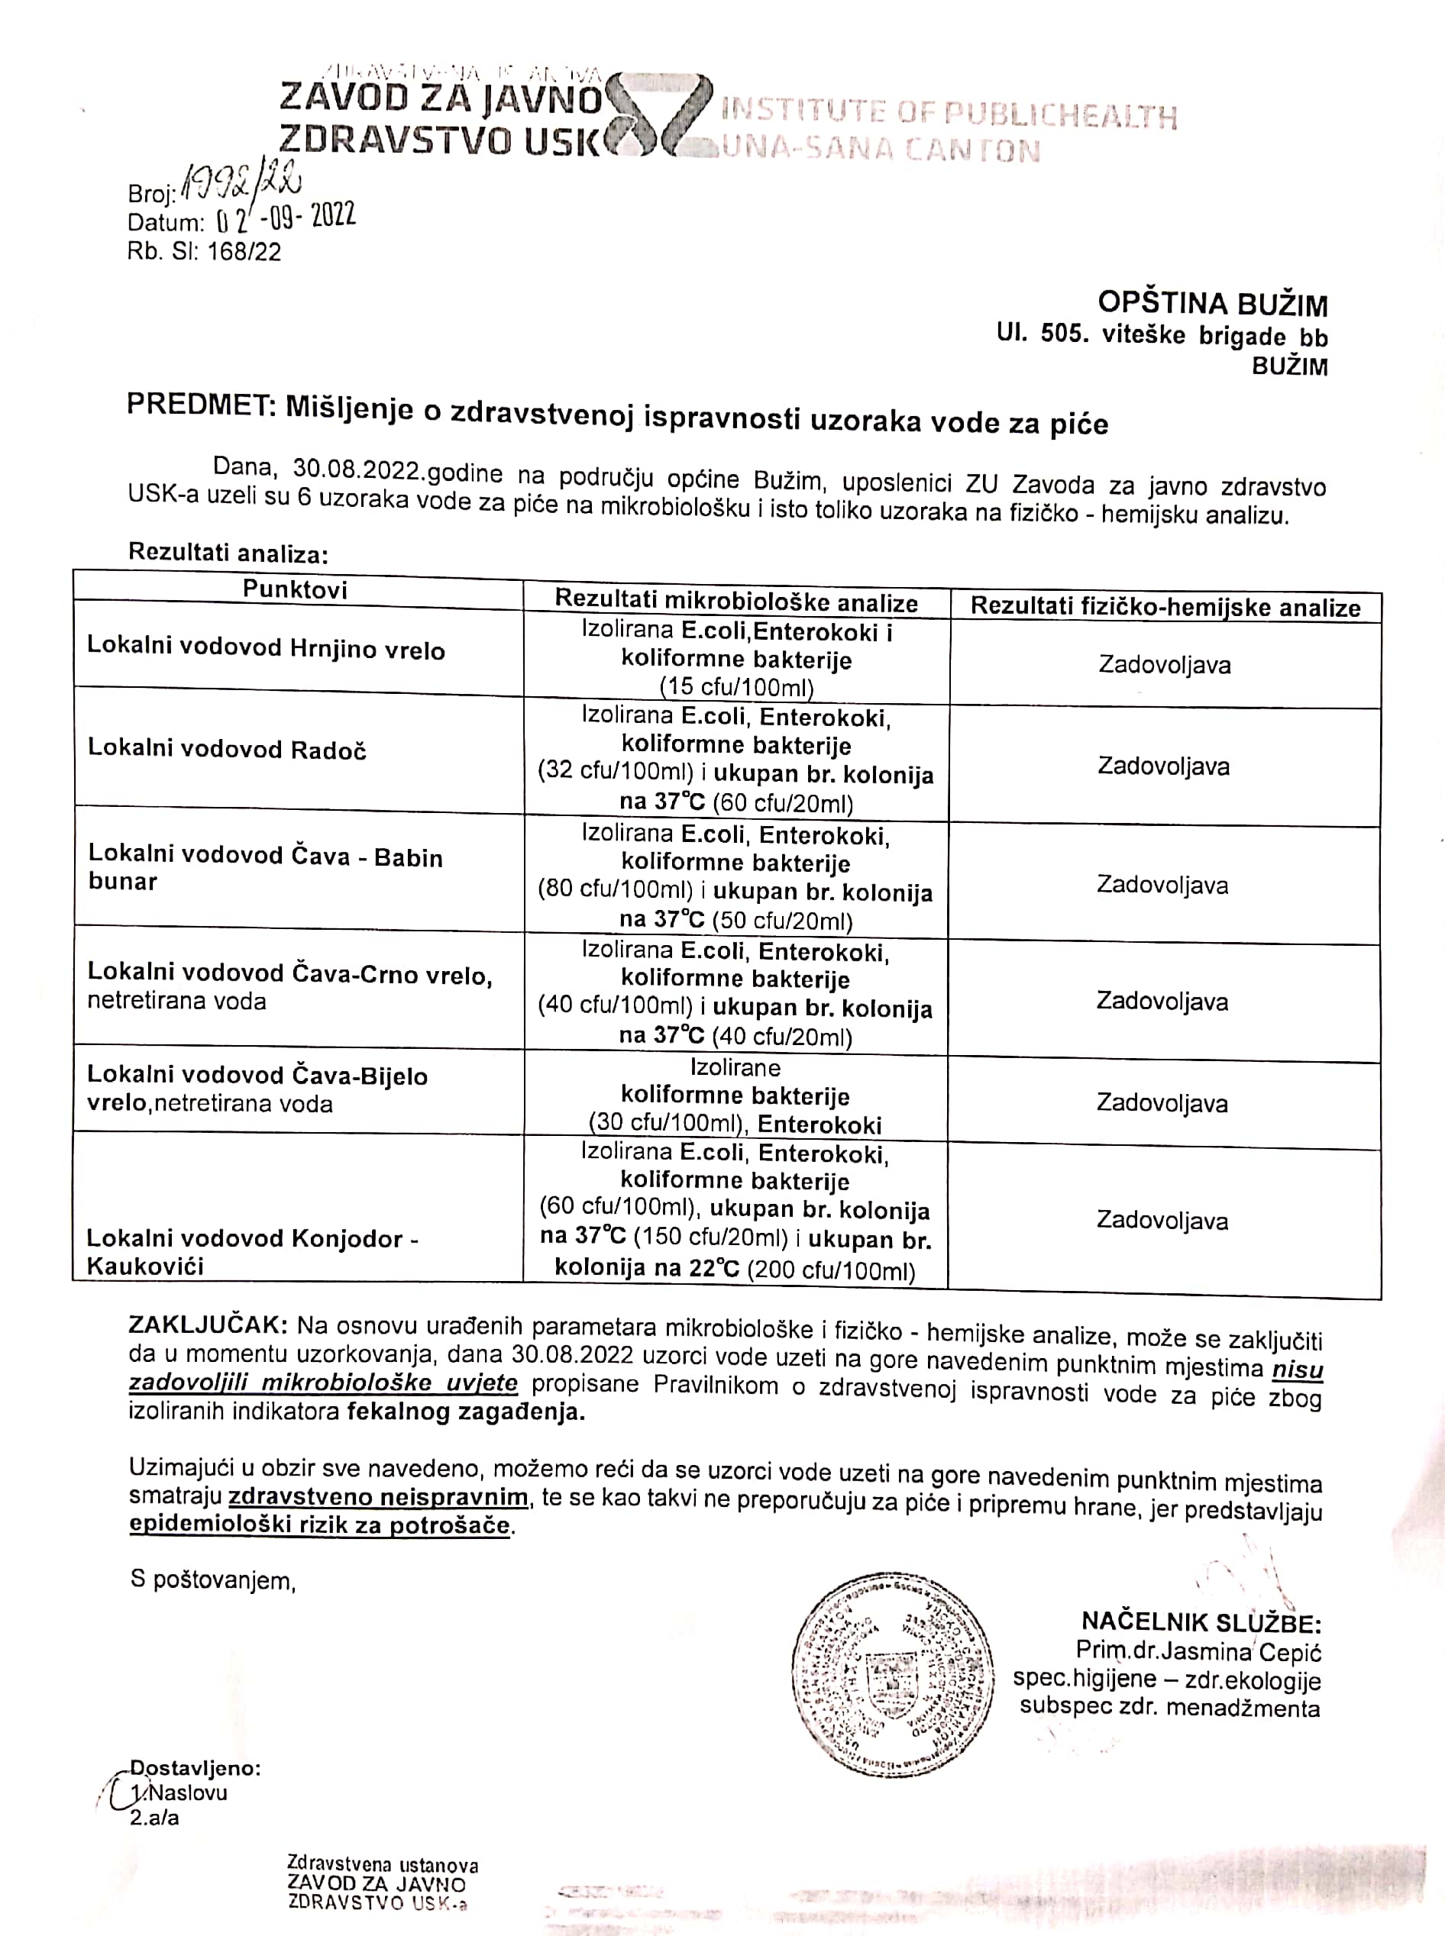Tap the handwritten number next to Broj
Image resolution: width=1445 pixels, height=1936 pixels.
pyautogui.click(x=240, y=186)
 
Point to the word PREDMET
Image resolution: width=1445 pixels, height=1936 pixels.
pyautogui.click(x=199, y=405)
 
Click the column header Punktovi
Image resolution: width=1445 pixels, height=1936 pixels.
pyautogui.click(x=295, y=589)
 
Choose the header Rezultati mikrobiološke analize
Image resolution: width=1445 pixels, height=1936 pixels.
pyautogui.click(x=735, y=602)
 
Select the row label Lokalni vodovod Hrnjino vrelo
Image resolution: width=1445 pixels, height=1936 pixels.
pyautogui.click(x=266, y=648)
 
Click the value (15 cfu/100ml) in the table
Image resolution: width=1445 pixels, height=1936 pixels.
pyautogui.click(x=735, y=687)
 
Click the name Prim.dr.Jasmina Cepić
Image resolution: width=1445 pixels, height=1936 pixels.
pyautogui.click(x=1198, y=1652)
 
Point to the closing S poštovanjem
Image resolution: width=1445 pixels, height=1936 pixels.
pyautogui.click(x=212, y=1580)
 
